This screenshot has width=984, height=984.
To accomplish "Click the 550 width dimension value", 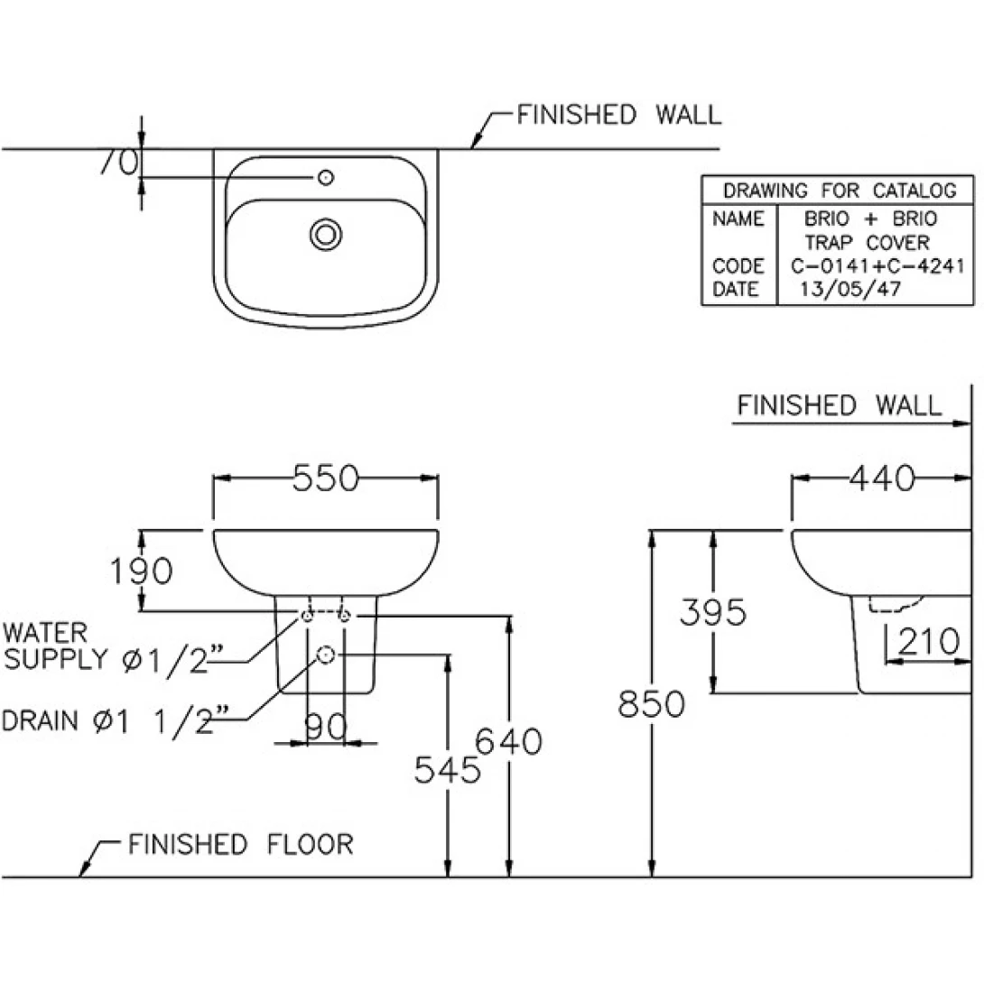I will tap(326, 478).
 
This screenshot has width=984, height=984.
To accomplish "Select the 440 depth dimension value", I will tap(882, 478).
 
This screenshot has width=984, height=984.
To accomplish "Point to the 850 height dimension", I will tap(652, 703).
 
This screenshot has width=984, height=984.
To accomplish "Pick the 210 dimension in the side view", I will tap(927, 642).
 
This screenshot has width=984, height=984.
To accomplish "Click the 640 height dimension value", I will tap(509, 741).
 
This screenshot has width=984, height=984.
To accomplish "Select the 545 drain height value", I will tap(447, 769).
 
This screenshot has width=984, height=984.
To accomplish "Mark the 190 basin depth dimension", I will tap(141, 571).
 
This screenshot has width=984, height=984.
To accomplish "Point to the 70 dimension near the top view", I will tap(119, 162).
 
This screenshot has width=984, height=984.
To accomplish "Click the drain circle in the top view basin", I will tap(326, 235).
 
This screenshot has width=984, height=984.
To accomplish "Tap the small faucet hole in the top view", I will tap(327, 178).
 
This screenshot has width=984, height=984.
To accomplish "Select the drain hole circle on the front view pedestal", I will tap(327, 654).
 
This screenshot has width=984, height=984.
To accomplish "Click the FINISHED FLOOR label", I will tap(240, 845).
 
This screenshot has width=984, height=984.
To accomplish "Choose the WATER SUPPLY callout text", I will tap(108, 646).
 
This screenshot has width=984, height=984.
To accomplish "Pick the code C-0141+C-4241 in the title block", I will tap(878, 266).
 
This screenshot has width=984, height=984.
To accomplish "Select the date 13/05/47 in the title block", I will tap(849, 290).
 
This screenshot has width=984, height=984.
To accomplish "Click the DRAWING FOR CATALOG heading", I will tap(840, 190).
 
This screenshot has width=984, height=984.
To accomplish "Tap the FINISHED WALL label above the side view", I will tap(839, 405).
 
